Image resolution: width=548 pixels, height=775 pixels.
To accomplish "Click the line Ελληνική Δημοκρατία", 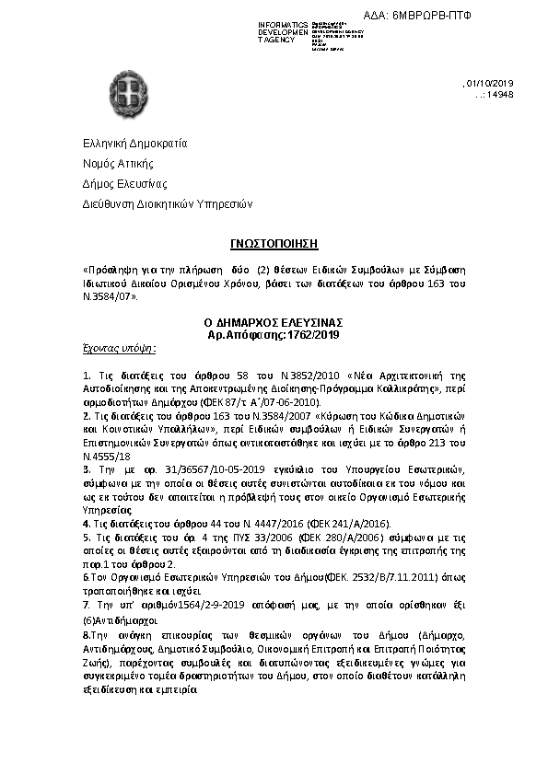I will (135, 144).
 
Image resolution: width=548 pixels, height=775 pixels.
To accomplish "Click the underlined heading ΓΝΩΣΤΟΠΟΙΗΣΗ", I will (274, 243).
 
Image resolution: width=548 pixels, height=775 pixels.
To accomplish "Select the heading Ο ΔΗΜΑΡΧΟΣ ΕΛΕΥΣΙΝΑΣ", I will (274, 323).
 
